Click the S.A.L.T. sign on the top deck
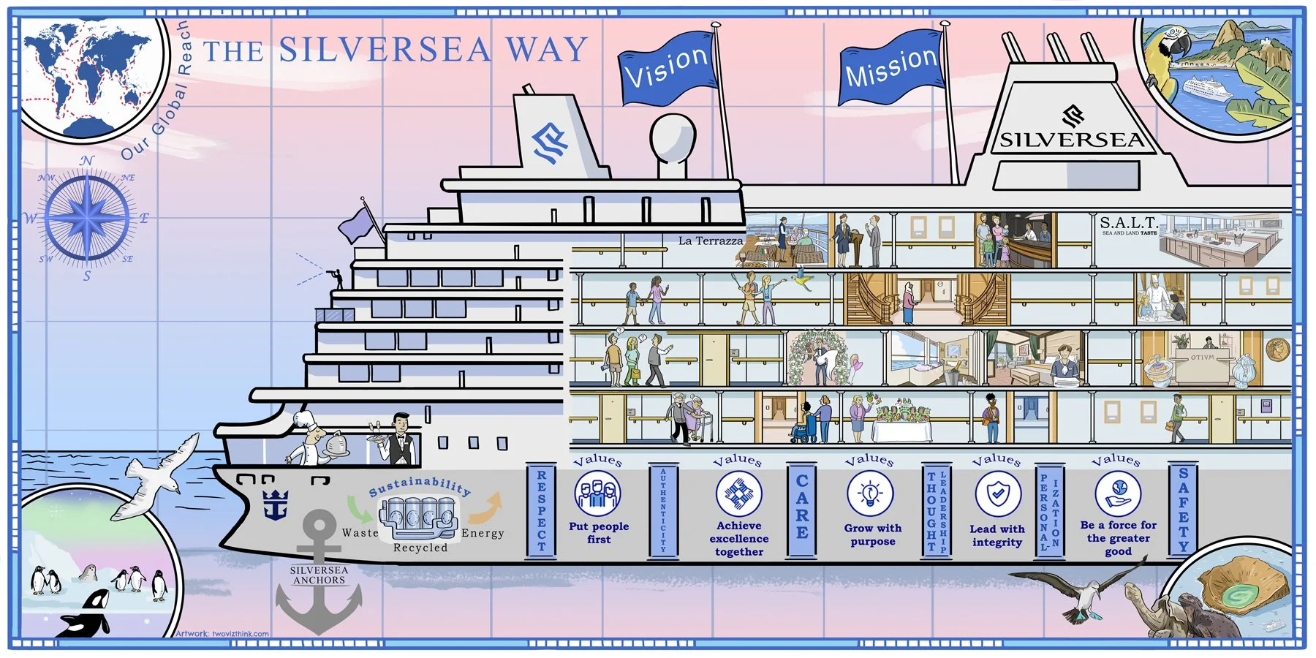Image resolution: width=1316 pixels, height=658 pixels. pyautogui.click(x=1128, y=222)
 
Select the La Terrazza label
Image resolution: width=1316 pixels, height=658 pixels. pyautogui.click(x=710, y=241)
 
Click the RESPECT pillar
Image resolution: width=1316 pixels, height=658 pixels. pyautogui.click(x=541, y=510)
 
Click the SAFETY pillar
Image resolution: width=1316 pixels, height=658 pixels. pyautogui.click(x=1183, y=510)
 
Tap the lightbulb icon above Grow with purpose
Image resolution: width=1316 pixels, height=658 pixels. pyautogui.click(x=870, y=494)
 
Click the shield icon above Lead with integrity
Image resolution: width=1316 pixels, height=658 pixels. pyautogui.click(x=998, y=494)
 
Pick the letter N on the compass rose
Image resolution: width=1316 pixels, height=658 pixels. pyautogui.click(x=87, y=161)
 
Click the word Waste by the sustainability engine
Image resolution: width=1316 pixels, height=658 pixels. pyautogui.click(x=360, y=532)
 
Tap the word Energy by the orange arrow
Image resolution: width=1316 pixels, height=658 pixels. pyautogui.click(x=483, y=533)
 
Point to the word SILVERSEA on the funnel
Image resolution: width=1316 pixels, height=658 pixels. pyautogui.click(x=1071, y=140)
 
